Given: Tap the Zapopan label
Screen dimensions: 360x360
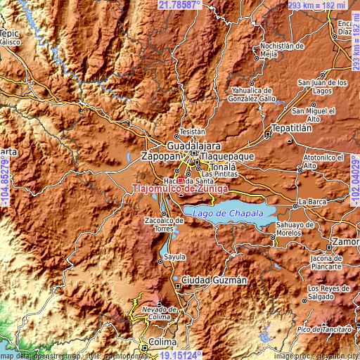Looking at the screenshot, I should click(x=161, y=155).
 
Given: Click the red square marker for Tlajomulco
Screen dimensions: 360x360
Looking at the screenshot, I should click(x=180, y=180).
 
